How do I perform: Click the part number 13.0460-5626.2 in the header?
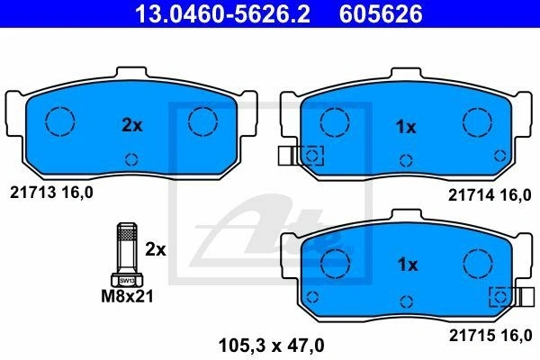tap(222, 13)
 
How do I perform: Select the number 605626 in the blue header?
tap(381, 13)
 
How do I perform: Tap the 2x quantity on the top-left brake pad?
tap(132, 126)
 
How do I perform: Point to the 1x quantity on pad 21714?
tap(406, 127)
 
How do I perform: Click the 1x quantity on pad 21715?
tap(408, 265)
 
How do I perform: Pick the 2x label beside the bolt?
tap(156, 249)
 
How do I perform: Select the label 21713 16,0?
tap(51, 193)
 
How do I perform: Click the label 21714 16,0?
tap(490, 195)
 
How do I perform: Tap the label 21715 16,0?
tap(490, 335)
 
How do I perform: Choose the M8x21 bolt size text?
tap(127, 296)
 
